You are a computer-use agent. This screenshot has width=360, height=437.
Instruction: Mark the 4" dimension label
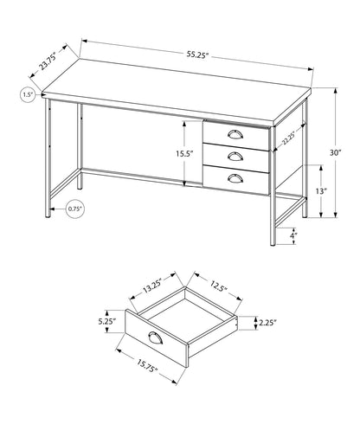pos(293,234)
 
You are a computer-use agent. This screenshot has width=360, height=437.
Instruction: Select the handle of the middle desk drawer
pos(236,156)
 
